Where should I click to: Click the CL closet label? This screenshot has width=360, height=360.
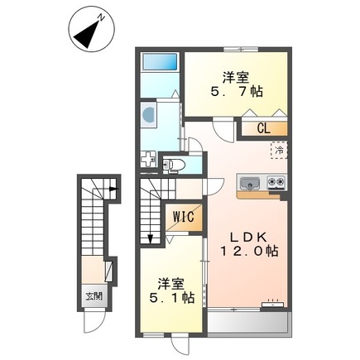[x=262, y=128]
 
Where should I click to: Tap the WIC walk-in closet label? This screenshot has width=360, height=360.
[x=183, y=217]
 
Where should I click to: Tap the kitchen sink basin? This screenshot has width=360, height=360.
[x=250, y=182]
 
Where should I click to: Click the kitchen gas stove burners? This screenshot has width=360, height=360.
[x=275, y=182]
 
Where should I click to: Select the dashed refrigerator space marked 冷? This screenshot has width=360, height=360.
[x=279, y=151]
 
